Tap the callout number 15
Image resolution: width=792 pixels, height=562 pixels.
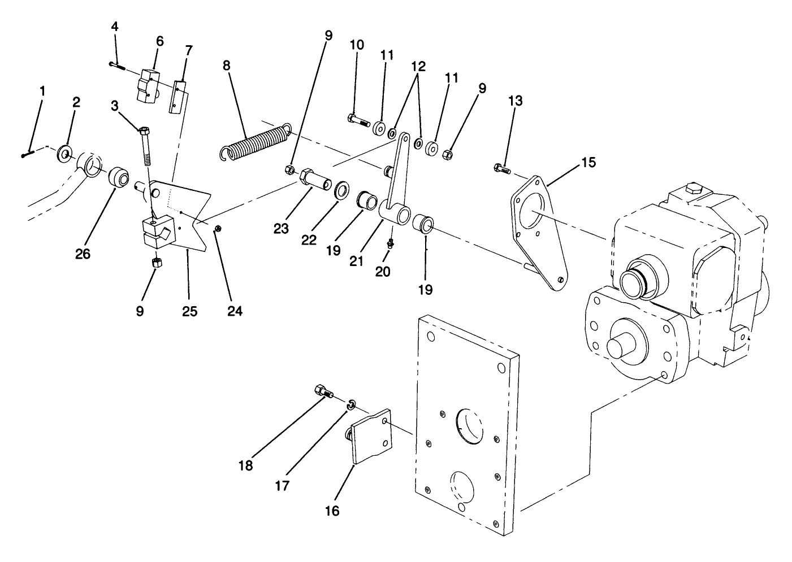click(588, 163)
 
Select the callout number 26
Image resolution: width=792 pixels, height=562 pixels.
click(83, 254)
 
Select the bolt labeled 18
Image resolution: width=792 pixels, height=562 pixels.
click(323, 391)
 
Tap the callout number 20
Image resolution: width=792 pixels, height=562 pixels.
click(383, 271)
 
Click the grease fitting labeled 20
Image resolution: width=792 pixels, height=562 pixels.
click(389, 243)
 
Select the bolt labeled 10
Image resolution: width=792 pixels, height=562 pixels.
click(357, 120)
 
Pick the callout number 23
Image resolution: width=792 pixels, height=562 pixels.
click(281, 229)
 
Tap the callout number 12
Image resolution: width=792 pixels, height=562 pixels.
click(418, 66)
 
